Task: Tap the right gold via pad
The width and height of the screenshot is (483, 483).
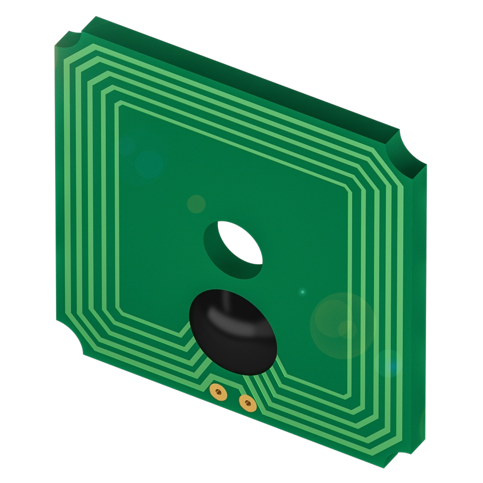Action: tap(247, 402)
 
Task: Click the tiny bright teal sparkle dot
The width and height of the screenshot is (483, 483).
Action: tap(303, 292)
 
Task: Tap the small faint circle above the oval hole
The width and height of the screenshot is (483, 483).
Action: tap(196, 204)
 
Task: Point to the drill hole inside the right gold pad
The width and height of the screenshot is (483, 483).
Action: tap(247, 402)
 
